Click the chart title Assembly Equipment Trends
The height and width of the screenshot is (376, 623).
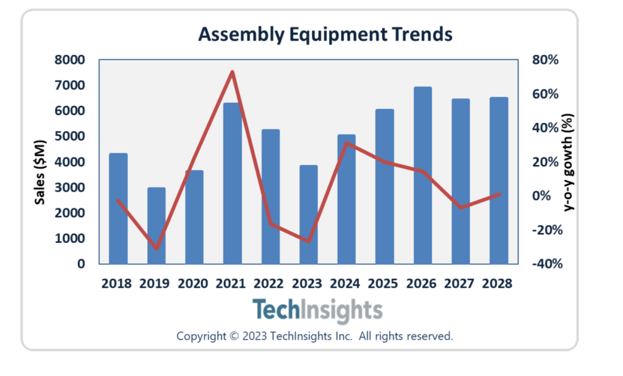pos(325,35)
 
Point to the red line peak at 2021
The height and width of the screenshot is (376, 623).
pos(232,72)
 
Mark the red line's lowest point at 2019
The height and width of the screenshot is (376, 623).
pos(156,248)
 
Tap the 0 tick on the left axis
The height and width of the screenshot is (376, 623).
pos(80,264)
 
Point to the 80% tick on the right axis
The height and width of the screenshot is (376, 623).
pos(546,60)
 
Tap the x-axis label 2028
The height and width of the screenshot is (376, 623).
pos(498,284)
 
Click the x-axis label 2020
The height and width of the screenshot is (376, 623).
pos(193,284)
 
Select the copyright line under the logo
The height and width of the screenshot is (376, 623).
pos(315,336)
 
